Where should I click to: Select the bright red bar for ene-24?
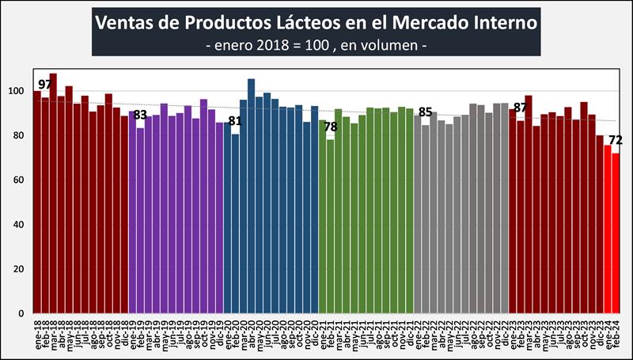click(x=608, y=229)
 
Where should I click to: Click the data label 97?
click(x=45, y=85)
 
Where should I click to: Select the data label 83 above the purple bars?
click(x=140, y=116)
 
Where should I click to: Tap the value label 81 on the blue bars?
click(x=235, y=121)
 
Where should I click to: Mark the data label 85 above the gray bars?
click(x=425, y=112)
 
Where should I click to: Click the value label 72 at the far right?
click(x=616, y=141)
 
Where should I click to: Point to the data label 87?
click(x=520, y=108)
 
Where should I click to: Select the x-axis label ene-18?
click(x=38, y=333)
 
